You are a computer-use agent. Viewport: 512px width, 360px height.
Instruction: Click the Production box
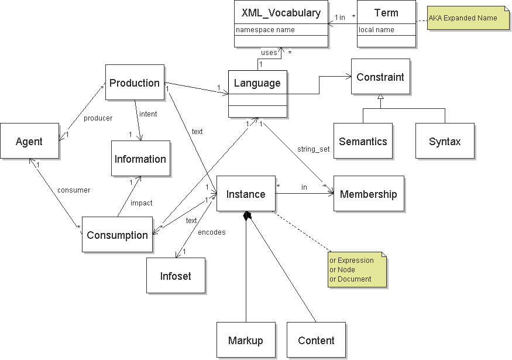[x=135, y=83]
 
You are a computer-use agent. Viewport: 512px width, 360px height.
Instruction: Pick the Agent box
[x=29, y=141]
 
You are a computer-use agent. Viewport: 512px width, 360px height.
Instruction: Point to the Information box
[x=140, y=159]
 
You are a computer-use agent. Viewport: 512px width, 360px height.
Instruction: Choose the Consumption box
[x=117, y=235]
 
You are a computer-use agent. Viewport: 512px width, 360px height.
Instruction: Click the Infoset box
[x=176, y=276]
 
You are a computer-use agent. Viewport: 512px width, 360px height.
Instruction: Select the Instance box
[x=246, y=194]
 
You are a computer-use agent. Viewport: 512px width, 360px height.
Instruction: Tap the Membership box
[x=368, y=194]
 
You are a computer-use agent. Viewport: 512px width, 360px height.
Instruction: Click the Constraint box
[x=380, y=77]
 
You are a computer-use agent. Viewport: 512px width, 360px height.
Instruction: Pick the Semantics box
[x=363, y=141]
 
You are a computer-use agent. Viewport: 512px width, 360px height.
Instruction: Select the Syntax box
[x=445, y=141]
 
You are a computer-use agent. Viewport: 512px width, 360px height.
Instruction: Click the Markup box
[x=246, y=340]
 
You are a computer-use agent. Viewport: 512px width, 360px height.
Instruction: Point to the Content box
[x=316, y=340]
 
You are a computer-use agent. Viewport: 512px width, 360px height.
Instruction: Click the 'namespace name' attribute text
[x=265, y=30]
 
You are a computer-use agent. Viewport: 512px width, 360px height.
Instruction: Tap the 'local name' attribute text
[x=376, y=30]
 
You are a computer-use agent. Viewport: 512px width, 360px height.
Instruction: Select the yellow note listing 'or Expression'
[x=358, y=270]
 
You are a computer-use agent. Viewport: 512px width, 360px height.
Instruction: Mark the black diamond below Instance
[x=248, y=216]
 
